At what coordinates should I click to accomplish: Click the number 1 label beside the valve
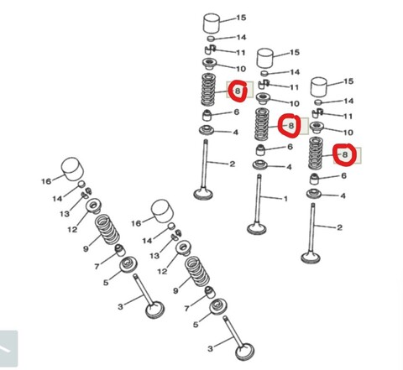pyautogui.click(x=285, y=199)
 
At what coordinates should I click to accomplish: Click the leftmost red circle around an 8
pyautogui.click(x=238, y=90)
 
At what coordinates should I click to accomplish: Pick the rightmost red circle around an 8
pyautogui.click(x=343, y=154)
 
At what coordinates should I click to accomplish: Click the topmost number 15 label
pyautogui.click(x=241, y=18)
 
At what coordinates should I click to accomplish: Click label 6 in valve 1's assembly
pyautogui.click(x=290, y=147)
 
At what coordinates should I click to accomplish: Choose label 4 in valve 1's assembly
pyautogui.click(x=289, y=166)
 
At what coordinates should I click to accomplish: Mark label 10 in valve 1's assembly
pyautogui.click(x=294, y=103)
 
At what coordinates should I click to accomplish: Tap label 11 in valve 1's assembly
pyautogui.click(x=294, y=87)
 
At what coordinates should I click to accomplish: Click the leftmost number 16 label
pyautogui.click(x=47, y=180)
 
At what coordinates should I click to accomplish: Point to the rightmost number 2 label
pyautogui.click(x=339, y=227)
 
